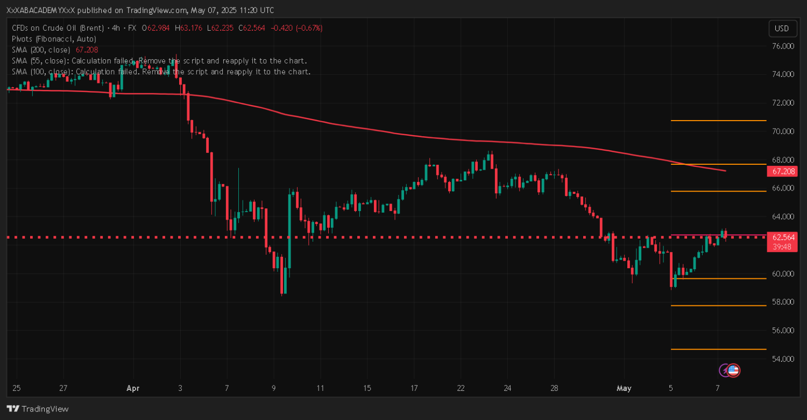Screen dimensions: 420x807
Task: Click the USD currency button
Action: [782, 29]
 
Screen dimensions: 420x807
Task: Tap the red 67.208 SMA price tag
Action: [783, 171]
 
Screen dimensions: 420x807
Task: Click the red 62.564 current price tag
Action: [783, 237]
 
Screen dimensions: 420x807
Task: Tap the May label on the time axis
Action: [624, 388]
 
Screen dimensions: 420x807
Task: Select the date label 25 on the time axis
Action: [16, 388]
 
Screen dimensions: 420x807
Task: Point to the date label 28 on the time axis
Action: [555, 388]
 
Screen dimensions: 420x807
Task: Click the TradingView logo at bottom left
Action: [38, 409]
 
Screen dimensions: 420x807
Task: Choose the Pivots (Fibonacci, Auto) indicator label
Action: [54, 39]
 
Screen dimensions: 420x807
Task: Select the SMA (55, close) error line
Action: [159, 60]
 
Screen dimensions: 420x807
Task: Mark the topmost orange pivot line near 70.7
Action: [718, 121]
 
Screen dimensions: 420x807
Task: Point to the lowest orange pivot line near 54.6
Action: [718, 349]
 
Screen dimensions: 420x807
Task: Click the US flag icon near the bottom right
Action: [733, 370]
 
